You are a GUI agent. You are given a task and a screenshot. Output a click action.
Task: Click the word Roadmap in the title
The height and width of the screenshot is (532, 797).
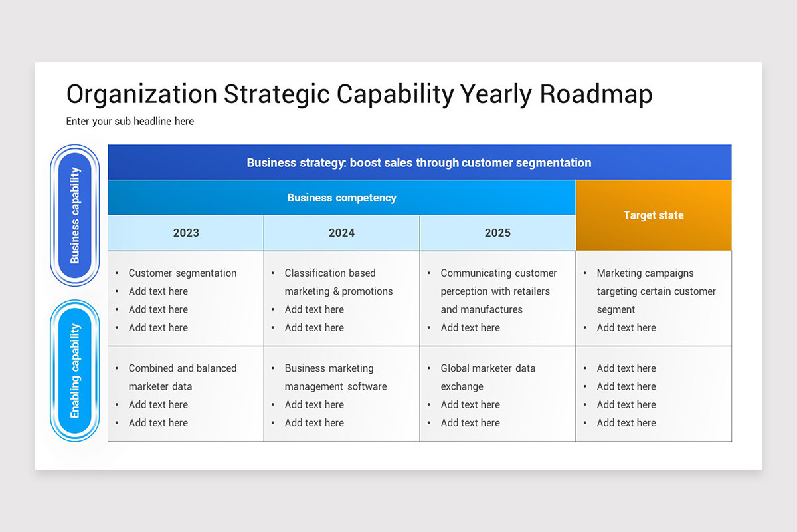tap(596, 94)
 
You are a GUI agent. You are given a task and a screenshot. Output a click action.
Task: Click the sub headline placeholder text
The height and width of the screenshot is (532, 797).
tap(130, 122)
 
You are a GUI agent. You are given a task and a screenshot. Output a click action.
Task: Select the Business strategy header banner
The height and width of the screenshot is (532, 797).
tap(419, 162)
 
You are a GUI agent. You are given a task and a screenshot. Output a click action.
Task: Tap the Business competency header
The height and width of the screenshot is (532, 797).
tap(341, 198)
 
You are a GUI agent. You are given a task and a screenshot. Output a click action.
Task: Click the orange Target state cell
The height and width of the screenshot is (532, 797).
tap(654, 215)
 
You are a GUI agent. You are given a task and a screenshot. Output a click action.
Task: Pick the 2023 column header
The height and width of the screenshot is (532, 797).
tap(186, 233)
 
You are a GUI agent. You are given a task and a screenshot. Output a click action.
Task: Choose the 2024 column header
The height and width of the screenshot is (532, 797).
tap(341, 233)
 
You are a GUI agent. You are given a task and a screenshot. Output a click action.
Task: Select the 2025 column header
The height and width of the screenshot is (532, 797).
tap(497, 233)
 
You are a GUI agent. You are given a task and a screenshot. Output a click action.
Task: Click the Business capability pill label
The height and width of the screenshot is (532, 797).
tap(75, 215)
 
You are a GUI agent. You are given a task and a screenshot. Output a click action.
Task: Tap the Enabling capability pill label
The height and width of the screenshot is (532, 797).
tap(75, 370)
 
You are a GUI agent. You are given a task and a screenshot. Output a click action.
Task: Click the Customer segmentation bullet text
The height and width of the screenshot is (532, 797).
tap(183, 273)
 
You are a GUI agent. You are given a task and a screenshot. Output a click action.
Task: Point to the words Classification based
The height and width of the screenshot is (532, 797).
tap(330, 273)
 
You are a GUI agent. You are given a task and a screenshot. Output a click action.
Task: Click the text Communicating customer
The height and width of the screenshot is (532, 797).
tap(499, 273)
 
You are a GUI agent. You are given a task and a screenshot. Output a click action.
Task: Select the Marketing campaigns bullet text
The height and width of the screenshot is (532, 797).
tap(645, 273)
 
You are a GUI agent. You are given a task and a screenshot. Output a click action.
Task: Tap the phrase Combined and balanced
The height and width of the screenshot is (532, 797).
tap(183, 368)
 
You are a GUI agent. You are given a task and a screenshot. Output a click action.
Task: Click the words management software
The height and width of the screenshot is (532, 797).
tap(335, 386)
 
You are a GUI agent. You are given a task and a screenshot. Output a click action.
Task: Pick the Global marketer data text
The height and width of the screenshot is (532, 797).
tap(488, 368)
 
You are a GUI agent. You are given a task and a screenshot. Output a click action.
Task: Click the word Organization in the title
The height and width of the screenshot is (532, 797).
tap(141, 94)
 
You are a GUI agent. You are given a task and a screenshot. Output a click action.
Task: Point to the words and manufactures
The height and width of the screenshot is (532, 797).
tap(482, 309)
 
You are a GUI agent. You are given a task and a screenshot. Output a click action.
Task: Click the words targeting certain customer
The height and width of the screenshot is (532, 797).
tap(656, 291)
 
